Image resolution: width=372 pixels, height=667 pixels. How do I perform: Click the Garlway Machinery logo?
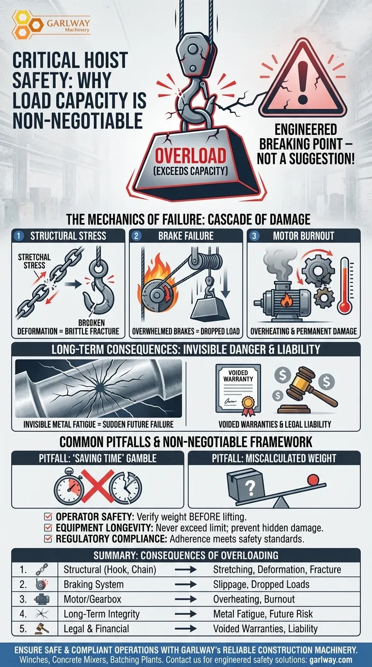tap(51, 25)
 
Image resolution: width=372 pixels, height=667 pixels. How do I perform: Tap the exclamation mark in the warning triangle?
tap(303, 82)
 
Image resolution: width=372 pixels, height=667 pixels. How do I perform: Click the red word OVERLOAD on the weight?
tap(190, 156)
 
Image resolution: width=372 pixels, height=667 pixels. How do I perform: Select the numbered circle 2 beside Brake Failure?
tap(136, 236)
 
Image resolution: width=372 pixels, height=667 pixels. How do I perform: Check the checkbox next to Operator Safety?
tap(47, 516)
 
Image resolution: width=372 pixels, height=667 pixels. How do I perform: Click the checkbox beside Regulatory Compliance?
tap(47, 539)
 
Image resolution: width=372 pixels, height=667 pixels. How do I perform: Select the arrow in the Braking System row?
tap(186, 584)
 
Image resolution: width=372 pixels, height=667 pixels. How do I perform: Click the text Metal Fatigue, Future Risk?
tap(263, 614)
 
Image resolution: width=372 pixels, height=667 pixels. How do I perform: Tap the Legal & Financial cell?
tap(96, 629)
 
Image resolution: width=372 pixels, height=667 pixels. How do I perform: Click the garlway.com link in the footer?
tap(331, 660)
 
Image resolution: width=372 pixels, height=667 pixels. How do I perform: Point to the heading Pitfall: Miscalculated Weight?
tap(274, 458)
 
